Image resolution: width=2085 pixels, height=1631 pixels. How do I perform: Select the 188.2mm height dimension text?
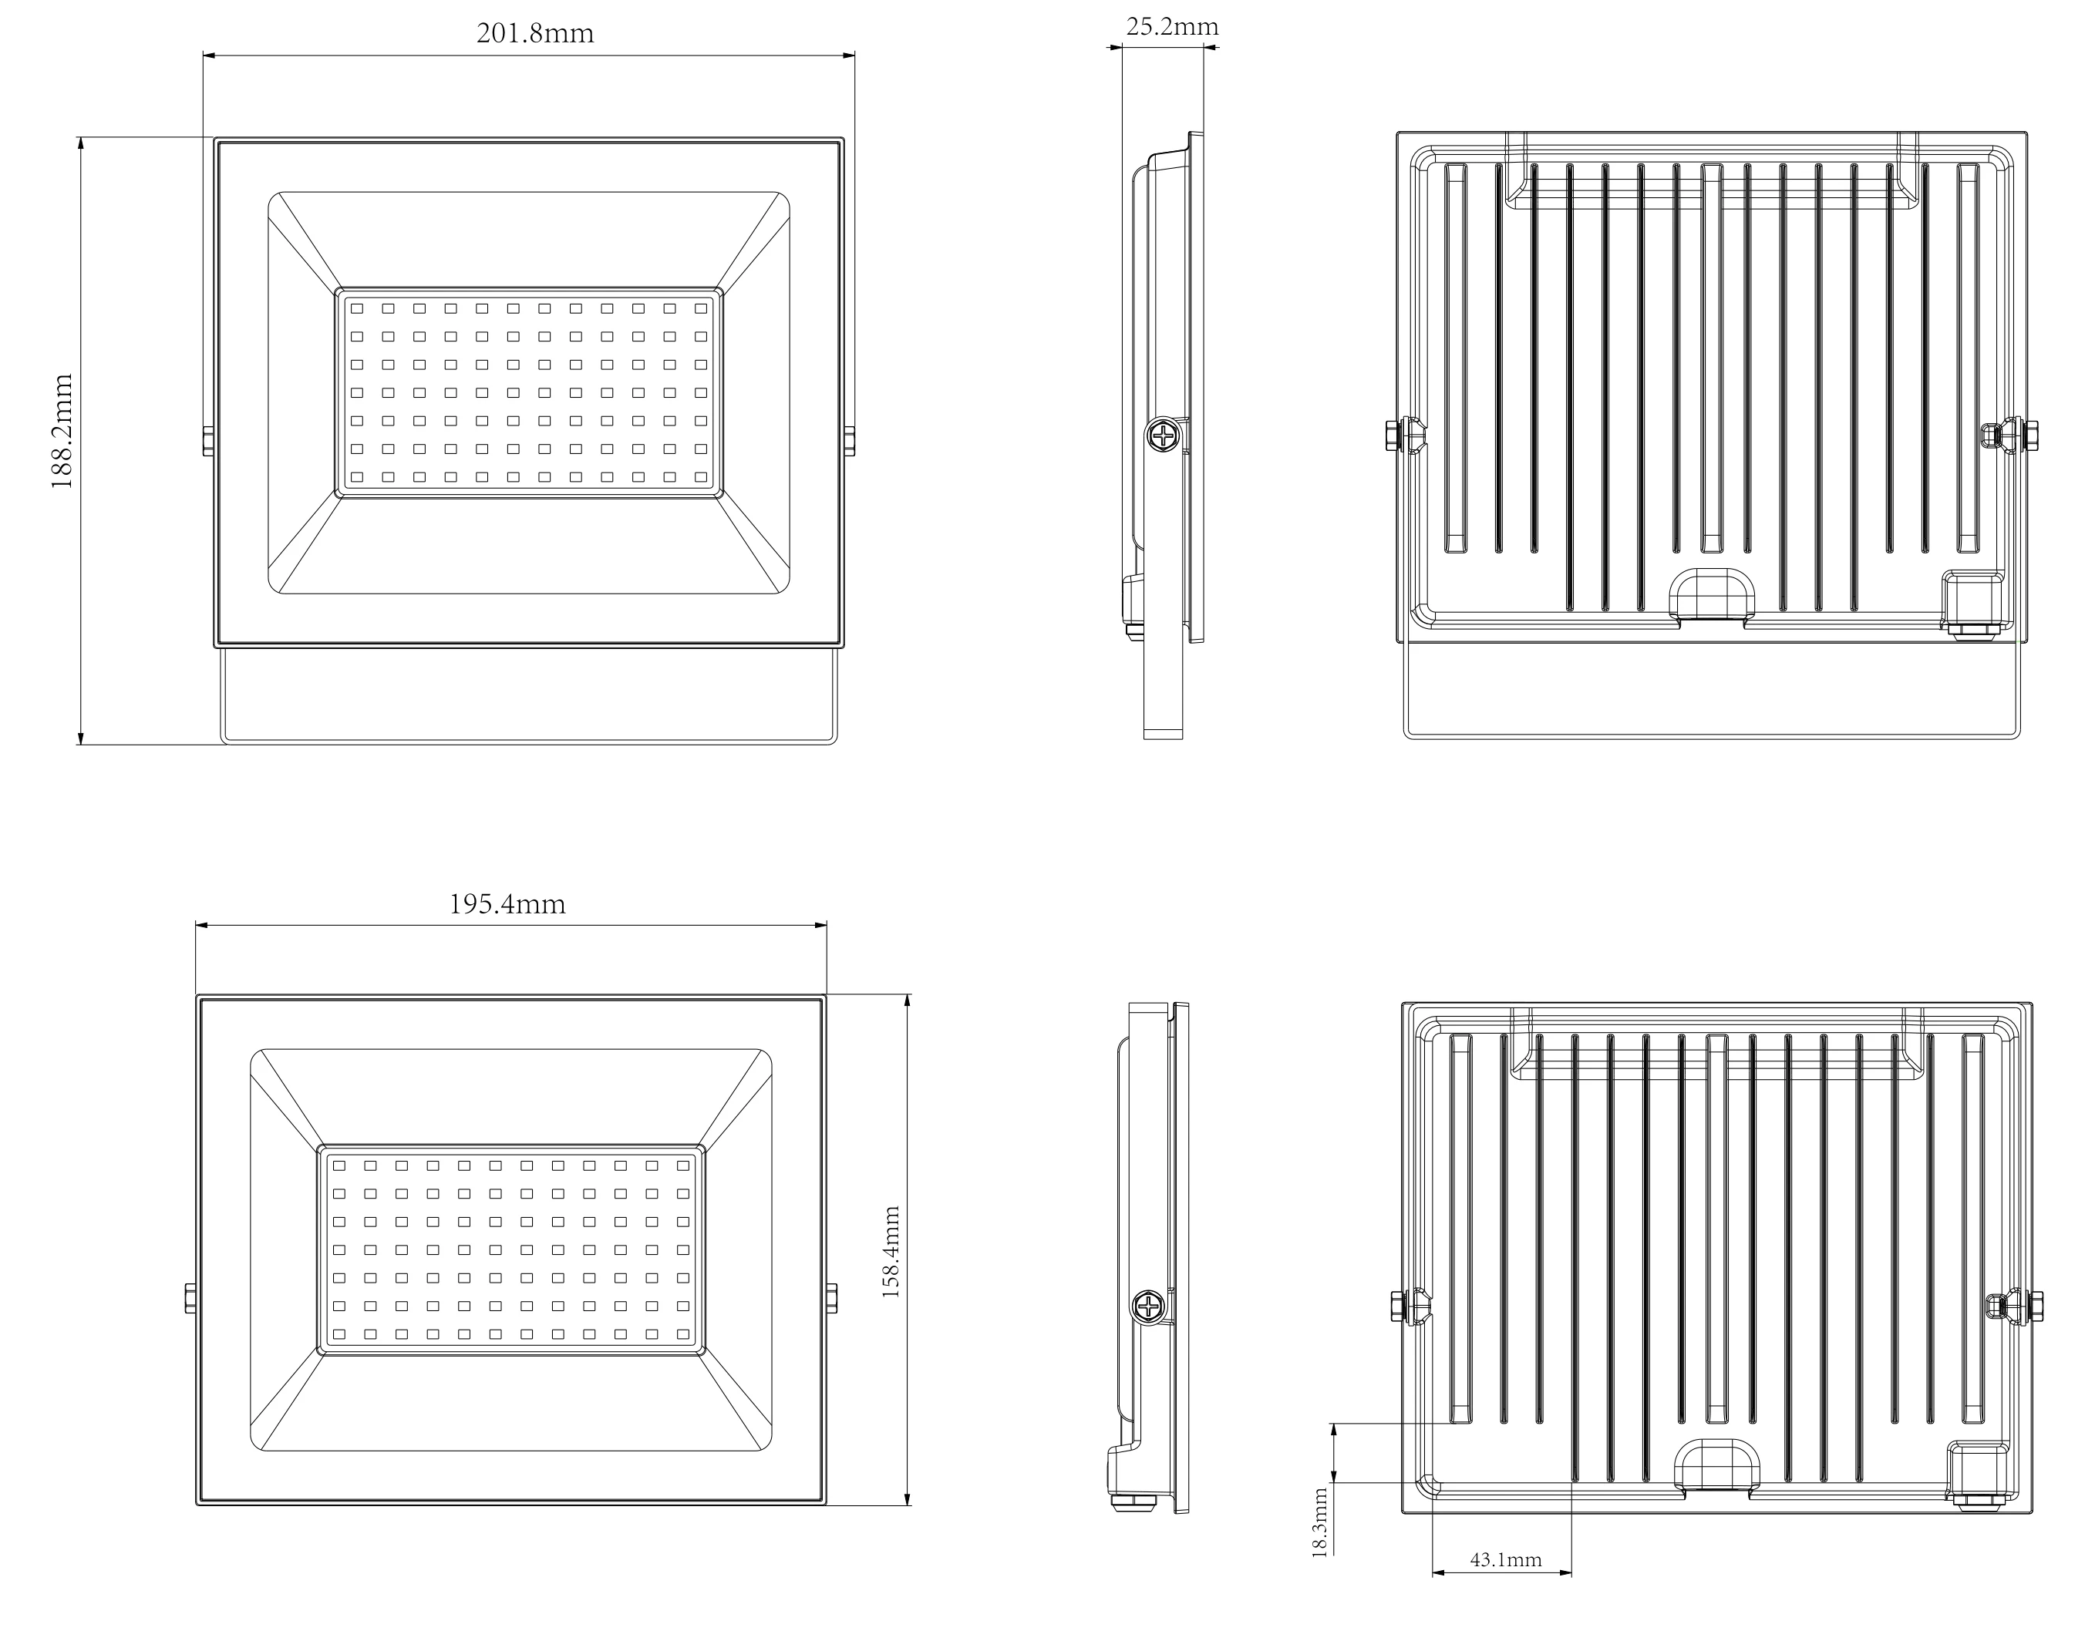pyautogui.click(x=63, y=432)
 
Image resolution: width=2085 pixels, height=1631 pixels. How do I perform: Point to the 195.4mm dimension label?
pyautogui.click(x=507, y=904)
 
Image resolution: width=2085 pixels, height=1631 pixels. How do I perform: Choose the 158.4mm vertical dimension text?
pyautogui.click(x=890, y=1252)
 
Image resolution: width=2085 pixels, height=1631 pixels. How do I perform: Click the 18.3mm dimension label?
pyautogui.click(x=1320, y=1522)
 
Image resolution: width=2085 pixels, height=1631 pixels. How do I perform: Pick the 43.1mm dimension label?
pyautogui.click(x=1505, y=1560)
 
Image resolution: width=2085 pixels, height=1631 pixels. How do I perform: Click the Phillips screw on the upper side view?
pyautogui.click(x=1164, y=437)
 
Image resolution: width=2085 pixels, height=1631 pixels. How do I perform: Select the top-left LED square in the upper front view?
pyautogui.click(x=356, y=308)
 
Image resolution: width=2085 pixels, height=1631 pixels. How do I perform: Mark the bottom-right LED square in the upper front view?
pyautogui.click(x=701, y=476)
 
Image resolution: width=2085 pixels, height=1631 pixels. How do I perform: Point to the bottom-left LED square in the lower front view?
pyautogui.click(x=338, y=1334)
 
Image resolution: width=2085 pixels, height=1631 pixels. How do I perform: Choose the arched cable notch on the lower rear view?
pyautogui.click(x=1716, y=1466)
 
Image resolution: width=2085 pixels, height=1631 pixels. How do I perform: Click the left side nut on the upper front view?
pyautogui.click(x=208, y=440)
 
